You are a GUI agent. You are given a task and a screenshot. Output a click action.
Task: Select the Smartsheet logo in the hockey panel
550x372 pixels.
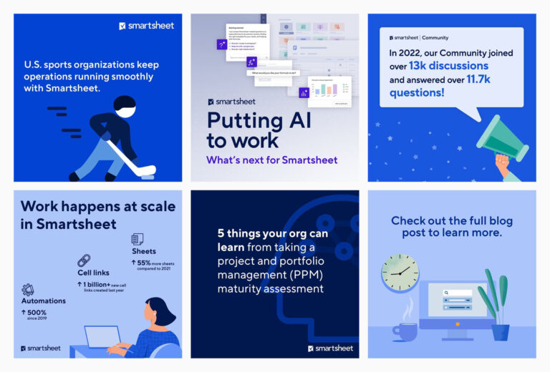point(146,26)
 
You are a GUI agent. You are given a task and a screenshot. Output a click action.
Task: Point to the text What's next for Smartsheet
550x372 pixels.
point(271,160)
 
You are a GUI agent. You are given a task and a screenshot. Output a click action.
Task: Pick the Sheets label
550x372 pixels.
point(144,251)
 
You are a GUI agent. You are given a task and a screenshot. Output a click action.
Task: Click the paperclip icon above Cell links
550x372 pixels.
point(84,260)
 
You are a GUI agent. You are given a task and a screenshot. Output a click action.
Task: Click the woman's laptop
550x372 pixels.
point(102,336)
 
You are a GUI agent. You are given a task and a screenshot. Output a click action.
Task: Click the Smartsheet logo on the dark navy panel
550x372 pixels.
point(330,348)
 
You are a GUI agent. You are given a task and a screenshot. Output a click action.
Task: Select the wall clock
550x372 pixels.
point(400,272)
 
